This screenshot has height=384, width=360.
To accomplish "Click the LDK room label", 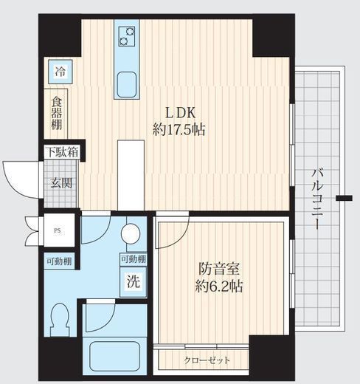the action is [181, 113].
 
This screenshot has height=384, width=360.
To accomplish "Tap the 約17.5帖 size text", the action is [179, 129].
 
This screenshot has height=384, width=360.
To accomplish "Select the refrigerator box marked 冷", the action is [60, 72].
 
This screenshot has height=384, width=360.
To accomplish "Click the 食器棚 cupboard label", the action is [57, 113].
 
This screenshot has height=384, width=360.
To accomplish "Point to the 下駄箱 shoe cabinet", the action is [63, 151].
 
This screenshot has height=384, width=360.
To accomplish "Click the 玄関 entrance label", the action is [61, 183].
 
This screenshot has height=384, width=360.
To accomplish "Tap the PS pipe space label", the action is [57, 231].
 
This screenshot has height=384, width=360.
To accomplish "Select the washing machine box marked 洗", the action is [134, 281].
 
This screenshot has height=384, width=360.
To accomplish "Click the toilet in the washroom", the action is [59, 320].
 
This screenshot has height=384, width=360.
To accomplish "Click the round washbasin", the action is [131, 233].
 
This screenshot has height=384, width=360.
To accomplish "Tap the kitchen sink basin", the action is [127, 85].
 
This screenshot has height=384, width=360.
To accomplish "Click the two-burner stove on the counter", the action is [127, 36].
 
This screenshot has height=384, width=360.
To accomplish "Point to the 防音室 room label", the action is [219, 269].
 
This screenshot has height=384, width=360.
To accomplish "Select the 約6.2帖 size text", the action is [219, 286].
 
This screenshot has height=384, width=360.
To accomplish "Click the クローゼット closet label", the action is [207, 360].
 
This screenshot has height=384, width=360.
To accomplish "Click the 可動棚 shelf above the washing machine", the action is [134, 259].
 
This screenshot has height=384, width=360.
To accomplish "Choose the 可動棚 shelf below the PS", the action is [59, 261].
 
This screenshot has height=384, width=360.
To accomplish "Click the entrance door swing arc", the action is [12, 183].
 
